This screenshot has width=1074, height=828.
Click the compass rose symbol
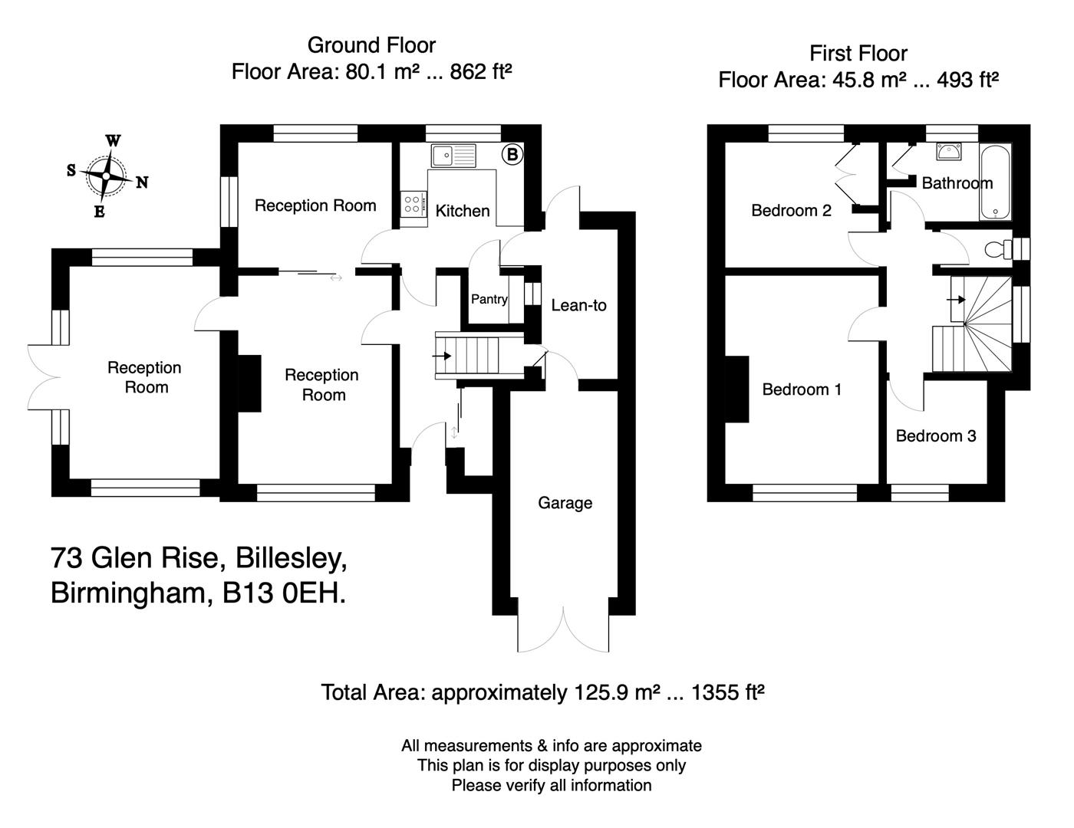point(106,176)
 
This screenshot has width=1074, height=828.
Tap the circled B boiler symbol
point(512,154)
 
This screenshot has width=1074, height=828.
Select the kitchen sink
point(453,156)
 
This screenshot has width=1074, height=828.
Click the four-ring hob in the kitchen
point(412,204)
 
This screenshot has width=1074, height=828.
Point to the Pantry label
point(489,299)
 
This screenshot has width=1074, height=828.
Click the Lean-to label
point(578,305)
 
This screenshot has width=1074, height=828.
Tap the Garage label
point(565,503)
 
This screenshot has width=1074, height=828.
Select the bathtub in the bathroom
point(996,181)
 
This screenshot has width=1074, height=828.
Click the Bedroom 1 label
point(802,389)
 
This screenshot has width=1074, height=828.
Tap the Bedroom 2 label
point(791,210)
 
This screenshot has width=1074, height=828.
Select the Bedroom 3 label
point(936,436)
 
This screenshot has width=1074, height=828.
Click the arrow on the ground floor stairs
point(443,356)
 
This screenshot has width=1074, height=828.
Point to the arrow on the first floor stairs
point(957,299)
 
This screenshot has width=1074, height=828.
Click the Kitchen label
point(463,211)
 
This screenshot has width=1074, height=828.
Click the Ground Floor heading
point(371,45)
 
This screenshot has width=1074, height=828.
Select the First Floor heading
point(858,54)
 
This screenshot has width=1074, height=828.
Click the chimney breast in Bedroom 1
point(737,389)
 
